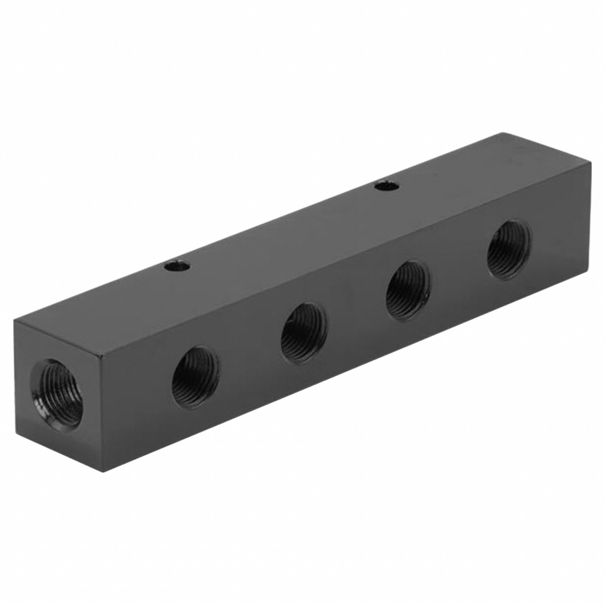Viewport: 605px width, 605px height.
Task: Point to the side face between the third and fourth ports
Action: pyautogui.click(x=459, y=269)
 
